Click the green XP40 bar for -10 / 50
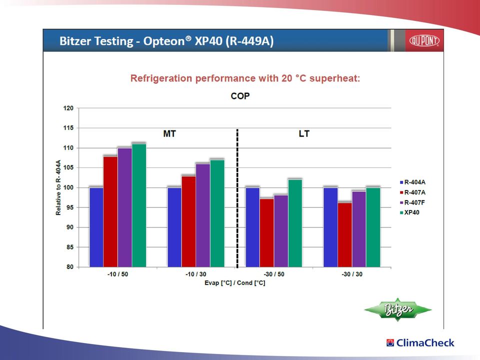(139, 205)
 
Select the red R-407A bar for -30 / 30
(344, 234)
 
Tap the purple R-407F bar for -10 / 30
(203, 215)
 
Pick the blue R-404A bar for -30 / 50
(252, 227)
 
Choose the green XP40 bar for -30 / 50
(295, 223)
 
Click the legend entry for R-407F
(412, 202)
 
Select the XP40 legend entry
(409, 212)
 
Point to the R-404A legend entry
(412, 182)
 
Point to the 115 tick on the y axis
(68, 128)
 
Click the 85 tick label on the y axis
(70, 247)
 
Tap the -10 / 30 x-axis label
(196, 274)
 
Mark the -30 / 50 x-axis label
(274, 274)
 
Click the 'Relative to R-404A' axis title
(58, 187)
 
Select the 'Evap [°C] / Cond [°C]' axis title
(235, 283)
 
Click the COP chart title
(240, 96)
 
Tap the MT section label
(169, 134)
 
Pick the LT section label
(304, 134)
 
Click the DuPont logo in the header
(424, 40)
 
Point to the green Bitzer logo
(398, 309)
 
